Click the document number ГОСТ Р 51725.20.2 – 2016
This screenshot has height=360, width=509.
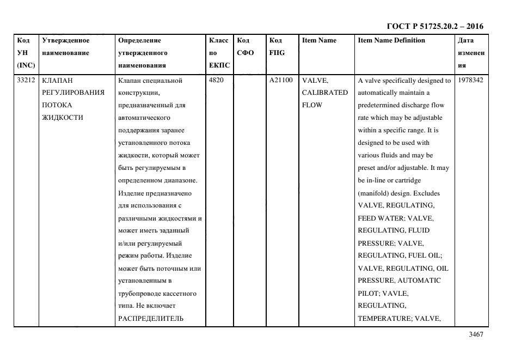[434, 26]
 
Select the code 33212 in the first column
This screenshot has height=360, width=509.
[27, 80]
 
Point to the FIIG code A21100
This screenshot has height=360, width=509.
[281, 80]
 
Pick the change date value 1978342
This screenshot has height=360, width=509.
[471, 80]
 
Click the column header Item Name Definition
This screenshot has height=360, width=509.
[391, 40]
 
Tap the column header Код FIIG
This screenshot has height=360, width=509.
[277, 46]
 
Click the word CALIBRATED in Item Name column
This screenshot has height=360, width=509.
[324, 93]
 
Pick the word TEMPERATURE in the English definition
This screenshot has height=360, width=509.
[381, 319]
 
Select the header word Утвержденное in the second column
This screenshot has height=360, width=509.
[66, 40]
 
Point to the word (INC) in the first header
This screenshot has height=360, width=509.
[26, 65]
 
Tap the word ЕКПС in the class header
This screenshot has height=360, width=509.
[219, 65]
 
